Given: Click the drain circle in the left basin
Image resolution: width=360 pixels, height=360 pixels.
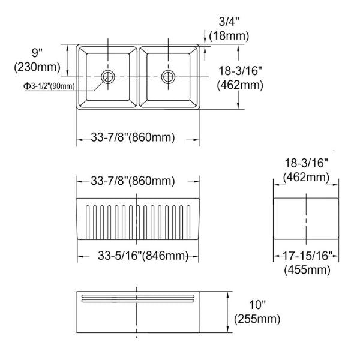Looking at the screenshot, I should click(x=109, y=76).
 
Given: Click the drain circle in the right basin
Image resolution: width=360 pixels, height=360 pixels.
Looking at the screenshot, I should click(x=168, y=76).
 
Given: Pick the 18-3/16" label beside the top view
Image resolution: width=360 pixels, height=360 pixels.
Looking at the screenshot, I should click(x=240, y=70).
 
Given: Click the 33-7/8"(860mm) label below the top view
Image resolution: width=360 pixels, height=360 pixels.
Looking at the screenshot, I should click(x=133, y=138).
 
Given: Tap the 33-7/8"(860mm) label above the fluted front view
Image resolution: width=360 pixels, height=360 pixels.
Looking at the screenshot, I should click(x=133, y=181).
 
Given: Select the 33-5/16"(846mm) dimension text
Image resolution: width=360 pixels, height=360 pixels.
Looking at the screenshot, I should click(x=142, y=256).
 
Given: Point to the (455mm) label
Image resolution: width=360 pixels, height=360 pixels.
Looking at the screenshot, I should click(x=307, y=270).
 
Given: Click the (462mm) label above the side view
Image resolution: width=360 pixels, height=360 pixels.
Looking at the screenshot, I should click(x=306, y=177).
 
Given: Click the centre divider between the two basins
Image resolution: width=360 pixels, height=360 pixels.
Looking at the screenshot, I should click(x=139, y=76).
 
